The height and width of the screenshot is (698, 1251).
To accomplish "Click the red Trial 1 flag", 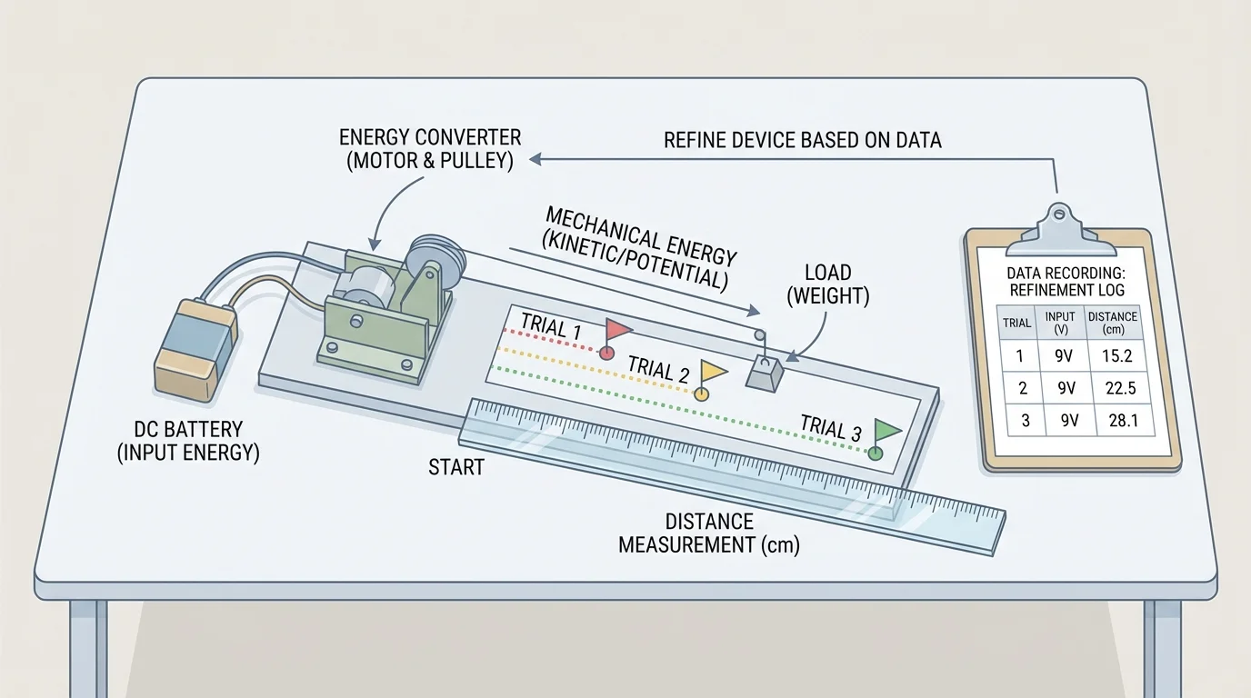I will tap(619, 328).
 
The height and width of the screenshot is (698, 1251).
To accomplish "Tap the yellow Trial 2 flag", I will tap(713, 371).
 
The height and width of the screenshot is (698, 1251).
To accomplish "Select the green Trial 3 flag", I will tap(886, 429).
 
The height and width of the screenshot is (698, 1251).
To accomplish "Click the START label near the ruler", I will tap(456, 468).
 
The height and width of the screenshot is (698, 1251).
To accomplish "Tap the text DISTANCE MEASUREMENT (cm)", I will tap(709, 533).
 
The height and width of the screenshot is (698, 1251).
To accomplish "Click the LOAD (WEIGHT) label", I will tap(827, 283).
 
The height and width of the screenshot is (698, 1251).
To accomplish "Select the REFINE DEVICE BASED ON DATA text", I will tap(802, 140).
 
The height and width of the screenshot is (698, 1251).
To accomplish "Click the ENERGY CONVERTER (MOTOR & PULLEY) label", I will tap(430, 148).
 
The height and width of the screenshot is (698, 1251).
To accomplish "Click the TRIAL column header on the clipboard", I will tap(1016, 323).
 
